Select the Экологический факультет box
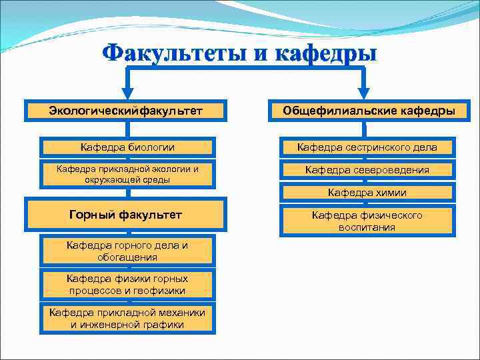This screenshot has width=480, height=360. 126,110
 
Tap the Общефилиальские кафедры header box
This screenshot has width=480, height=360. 369,110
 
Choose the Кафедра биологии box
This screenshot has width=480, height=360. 127,147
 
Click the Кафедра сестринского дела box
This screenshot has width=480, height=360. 367,147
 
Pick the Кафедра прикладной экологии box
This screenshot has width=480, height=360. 127,174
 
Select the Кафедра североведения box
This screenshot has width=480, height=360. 367,170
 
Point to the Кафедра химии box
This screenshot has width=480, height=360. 367,193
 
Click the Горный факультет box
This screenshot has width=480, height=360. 126,215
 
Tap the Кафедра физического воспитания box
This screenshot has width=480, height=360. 367,221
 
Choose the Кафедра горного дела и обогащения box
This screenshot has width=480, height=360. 127,251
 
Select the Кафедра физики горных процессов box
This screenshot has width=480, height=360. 127,285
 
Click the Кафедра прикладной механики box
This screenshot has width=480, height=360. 127,319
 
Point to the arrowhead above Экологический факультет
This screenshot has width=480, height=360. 126,93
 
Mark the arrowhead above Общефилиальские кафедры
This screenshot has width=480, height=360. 363,93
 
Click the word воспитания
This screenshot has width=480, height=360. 367,227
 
